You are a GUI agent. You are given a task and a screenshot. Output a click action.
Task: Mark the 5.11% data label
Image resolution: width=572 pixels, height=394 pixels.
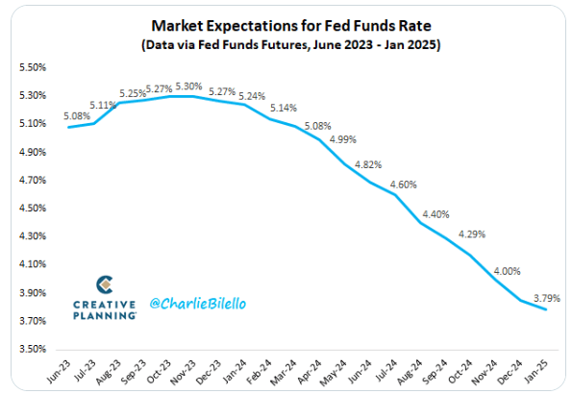point(103,106)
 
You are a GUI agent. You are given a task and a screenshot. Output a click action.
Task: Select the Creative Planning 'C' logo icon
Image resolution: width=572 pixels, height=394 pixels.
point(106,285)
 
